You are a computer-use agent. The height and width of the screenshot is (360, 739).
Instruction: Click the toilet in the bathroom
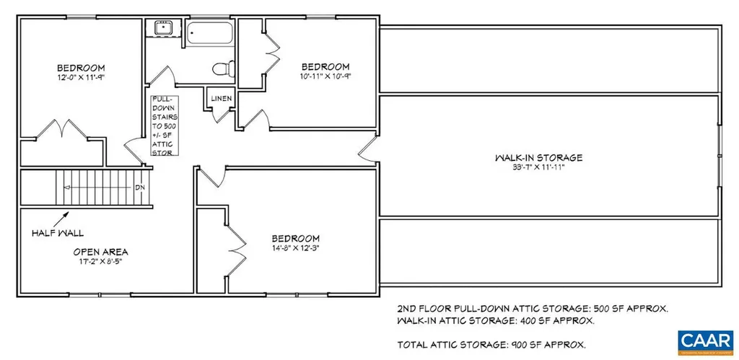221,69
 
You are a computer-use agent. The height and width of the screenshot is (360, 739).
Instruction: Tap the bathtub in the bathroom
209,35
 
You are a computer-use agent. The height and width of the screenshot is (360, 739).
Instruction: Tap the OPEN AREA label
100,252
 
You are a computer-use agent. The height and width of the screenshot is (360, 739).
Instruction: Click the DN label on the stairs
140,188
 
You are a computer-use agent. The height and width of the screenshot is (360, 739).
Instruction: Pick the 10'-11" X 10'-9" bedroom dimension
325,76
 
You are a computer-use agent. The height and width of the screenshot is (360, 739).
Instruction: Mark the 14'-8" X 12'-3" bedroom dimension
295,248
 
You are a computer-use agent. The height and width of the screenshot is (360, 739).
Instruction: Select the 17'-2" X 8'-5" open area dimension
100,262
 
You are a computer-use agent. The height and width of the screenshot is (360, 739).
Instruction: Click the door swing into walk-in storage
368,149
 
